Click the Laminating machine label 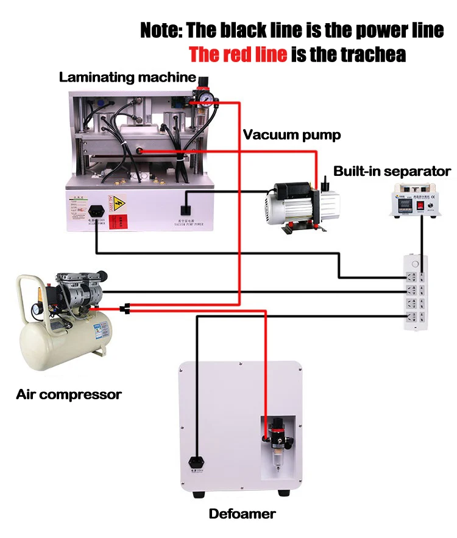point(127,77)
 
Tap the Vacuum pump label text point(292,134)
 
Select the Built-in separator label point(392,171)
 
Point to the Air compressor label point(68,394)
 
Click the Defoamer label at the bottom point(242,514)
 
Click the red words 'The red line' point(238,54)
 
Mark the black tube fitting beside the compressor point(125,309)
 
